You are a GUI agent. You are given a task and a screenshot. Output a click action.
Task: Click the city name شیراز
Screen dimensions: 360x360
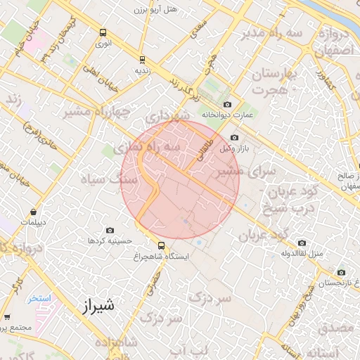coord(96,307)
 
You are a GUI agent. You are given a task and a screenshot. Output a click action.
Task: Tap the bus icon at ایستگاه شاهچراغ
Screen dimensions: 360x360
coord(162,245)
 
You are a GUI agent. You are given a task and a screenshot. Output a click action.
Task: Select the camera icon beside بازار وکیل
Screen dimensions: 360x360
coord(234,138)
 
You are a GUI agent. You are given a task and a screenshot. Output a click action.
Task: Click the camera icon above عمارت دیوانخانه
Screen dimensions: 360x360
coord(227,105)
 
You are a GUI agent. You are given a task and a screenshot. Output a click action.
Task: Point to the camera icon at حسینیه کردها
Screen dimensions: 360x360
coord(110,230)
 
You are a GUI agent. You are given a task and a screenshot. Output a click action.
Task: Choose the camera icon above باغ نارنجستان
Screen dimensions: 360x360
coord(341,273)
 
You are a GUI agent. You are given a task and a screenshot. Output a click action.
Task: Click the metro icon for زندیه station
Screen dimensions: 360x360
coord(142,60)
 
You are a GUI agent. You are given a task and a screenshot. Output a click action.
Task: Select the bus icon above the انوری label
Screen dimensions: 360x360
coord(103,32)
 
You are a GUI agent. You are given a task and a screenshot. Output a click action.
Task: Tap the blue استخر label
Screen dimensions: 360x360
coord(39,298)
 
